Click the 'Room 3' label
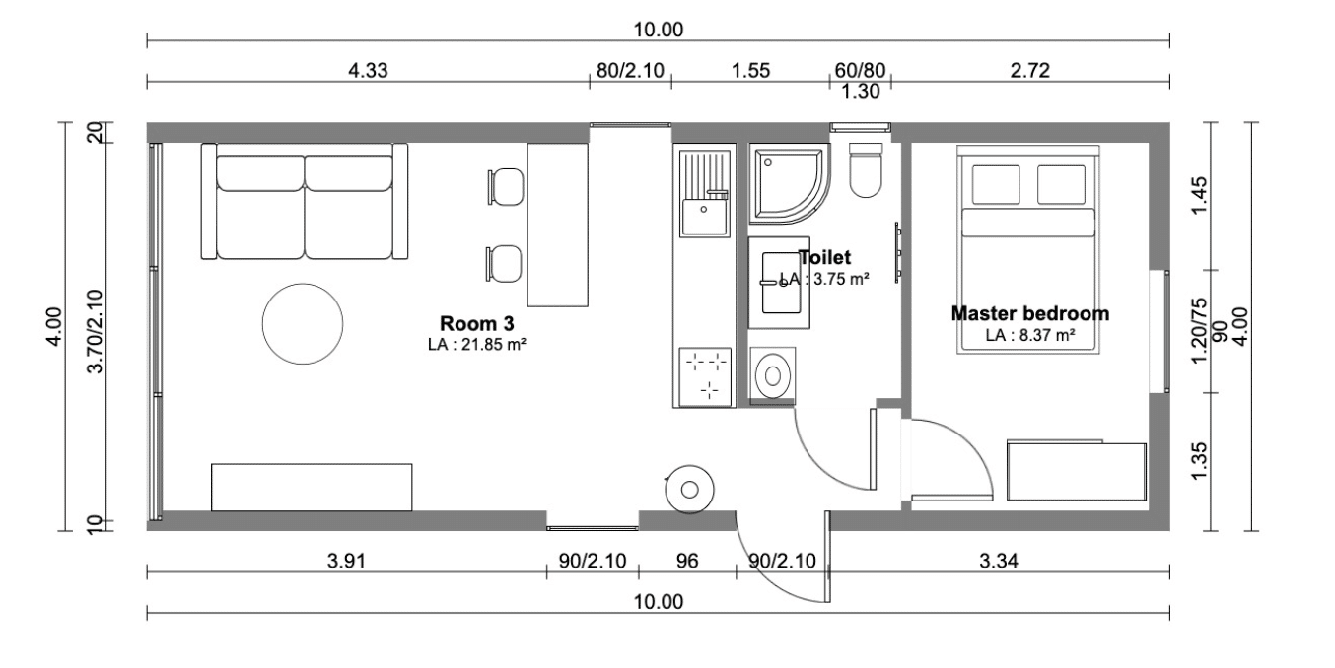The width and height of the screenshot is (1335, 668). [477, 323]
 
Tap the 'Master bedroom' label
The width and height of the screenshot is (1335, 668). [1030, 313]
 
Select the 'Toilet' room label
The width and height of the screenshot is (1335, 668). [825, 257]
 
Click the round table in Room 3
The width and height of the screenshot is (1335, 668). [303, 324]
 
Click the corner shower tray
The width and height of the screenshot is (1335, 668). [788, 183]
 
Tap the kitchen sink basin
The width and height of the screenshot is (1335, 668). [704, 218]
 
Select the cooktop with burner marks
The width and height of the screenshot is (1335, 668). [705, 377]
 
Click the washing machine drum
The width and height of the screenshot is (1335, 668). [772, 376]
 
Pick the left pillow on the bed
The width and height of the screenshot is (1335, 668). [996, 184]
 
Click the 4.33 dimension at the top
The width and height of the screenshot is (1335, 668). [368, 70]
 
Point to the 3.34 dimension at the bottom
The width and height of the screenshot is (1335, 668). [999, 561]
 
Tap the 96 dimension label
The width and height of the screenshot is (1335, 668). [687, 561]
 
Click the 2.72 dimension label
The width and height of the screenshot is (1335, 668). [1030, 70]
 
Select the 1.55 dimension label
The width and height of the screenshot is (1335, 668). [751, 70]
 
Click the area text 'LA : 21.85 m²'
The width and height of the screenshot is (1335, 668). [477, 344]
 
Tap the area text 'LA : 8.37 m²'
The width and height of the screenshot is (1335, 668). [1030, 335]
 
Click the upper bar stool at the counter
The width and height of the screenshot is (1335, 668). [506, 187]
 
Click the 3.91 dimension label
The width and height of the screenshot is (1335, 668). [346, 561]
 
